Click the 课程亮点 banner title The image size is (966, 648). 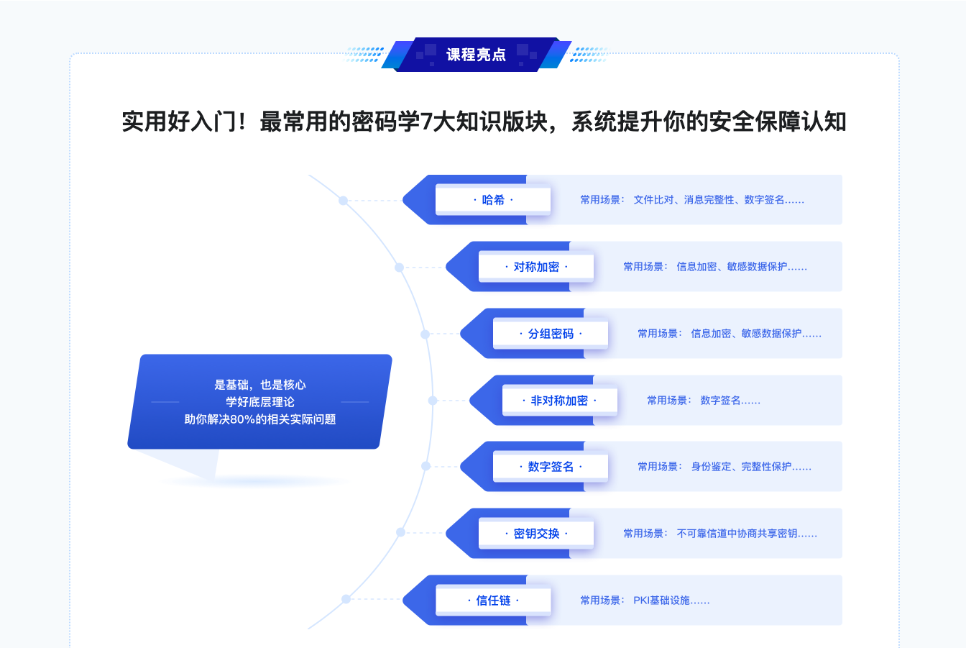tap(476, 55)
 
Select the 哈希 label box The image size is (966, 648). tap(493, 200)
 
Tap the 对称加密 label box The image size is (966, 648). tap(536, 267)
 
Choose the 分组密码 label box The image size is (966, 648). tap(551, 334)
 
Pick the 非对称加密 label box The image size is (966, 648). tap(559, 401)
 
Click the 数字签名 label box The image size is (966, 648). tap(551, 467)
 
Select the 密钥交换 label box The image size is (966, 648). tap(536, 534)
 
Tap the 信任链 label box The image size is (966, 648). tap(493, 601)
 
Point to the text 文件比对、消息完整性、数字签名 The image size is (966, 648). tap(709, 200)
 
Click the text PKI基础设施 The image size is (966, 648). tap(661, 601)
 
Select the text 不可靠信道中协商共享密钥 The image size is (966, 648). tap(737, 534)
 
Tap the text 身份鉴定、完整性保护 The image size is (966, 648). tap(741, 467)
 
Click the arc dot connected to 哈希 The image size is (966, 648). tap(344, 201)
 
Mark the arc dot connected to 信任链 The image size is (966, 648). tap(346, 599)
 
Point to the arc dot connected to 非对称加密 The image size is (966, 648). tap(433, 401)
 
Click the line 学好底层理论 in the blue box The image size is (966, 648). tap(260, 402)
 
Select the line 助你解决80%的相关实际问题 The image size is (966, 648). tap(260, 419)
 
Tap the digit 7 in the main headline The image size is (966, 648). tap(425, 122)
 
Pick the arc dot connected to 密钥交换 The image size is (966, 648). tap(400, 533)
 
